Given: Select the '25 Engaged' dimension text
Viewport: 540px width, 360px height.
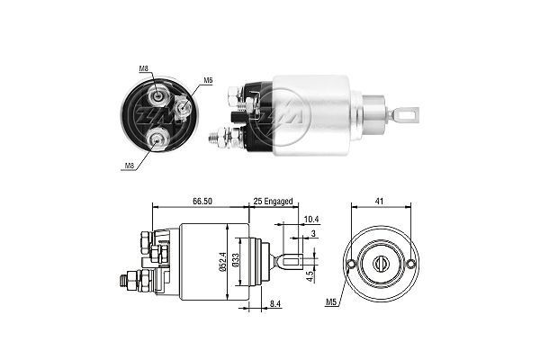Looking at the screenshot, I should tap(273, 202).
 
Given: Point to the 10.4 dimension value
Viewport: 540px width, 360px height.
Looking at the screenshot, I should tap(310, 220).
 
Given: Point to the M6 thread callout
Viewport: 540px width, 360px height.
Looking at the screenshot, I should tap(208, 80).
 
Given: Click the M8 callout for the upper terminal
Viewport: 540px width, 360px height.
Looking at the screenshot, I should tap(144, 68).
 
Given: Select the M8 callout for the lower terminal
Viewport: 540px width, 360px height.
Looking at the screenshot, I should tap(129, 166).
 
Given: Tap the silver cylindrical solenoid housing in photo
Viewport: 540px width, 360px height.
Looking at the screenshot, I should tap(310, 111).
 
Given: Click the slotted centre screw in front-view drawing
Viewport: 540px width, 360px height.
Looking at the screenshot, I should tap(379, 263).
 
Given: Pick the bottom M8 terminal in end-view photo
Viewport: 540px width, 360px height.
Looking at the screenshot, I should tap(158, 137).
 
